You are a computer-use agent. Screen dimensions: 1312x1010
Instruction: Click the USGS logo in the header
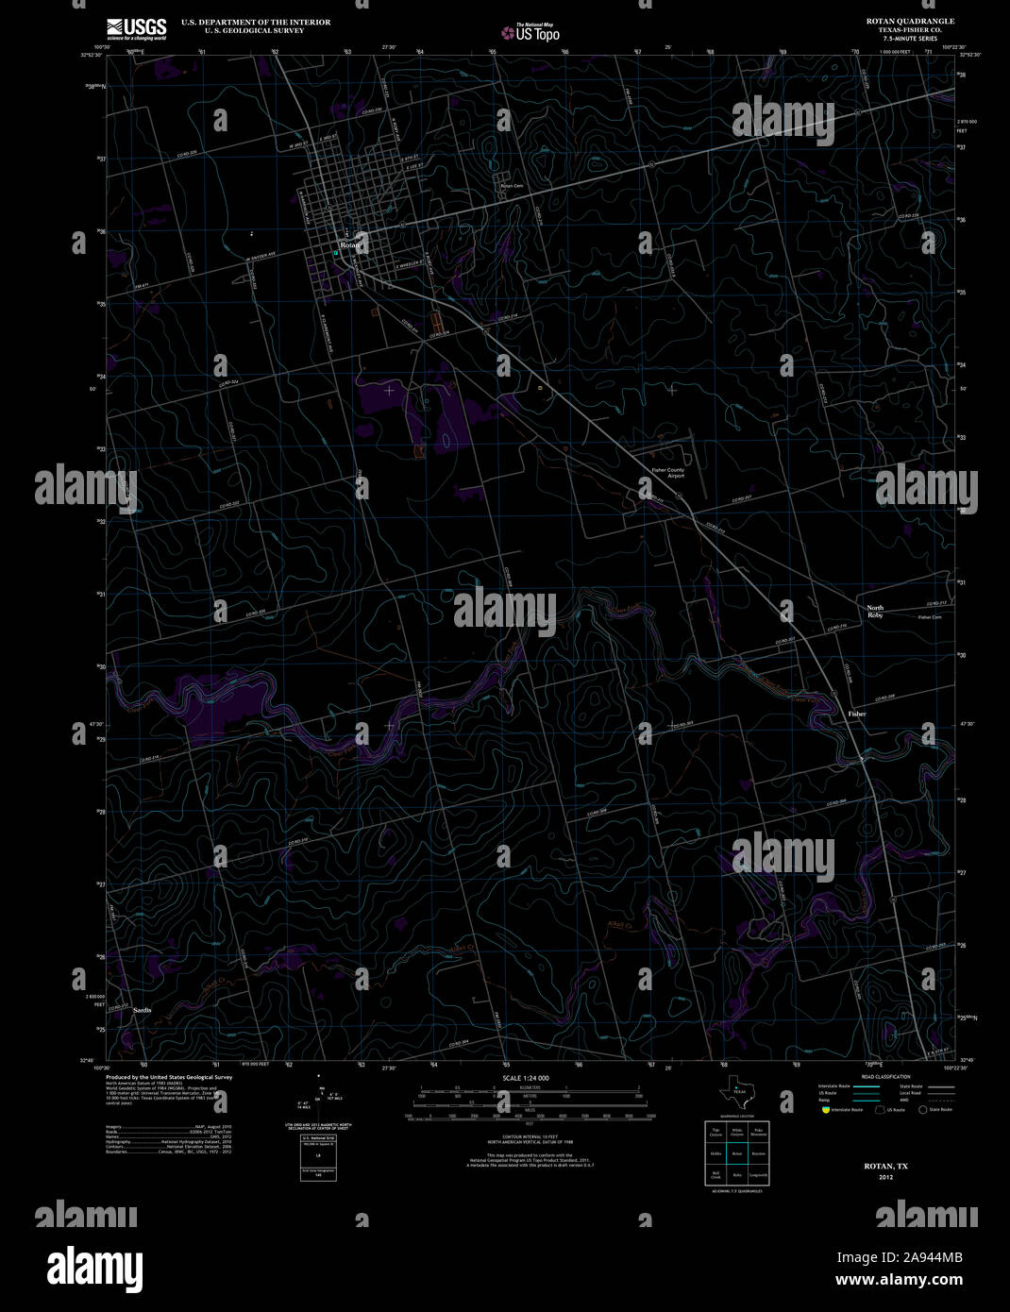[137, 27]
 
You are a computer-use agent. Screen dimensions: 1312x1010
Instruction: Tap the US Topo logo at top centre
[530, 32]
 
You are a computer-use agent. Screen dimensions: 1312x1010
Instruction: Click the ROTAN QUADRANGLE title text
[910, 21]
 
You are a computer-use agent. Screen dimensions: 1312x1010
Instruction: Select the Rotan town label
[350, 245]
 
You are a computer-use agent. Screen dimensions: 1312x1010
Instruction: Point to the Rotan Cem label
[511, 186]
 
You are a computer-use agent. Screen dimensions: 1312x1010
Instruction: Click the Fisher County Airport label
[668, 473]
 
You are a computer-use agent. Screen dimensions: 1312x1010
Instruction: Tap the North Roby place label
[876, 612]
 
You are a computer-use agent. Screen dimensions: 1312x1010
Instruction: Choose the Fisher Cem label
[930, 617]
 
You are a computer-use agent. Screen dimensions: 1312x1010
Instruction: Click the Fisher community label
[856, 714]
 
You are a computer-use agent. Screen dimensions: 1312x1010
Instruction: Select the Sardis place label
[143, 1011]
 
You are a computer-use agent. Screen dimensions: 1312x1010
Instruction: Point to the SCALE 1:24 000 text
[526, 1078]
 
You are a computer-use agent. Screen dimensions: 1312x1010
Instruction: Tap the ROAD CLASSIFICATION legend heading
[885, 1077]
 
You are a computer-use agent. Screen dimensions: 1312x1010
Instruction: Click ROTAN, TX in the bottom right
[885, 1167]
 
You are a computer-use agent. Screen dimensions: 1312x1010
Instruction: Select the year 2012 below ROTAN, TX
[885, 1177]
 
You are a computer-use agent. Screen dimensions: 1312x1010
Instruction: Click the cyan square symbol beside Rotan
[335, 253]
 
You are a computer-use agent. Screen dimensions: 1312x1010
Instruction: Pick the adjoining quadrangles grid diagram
[736, 1152]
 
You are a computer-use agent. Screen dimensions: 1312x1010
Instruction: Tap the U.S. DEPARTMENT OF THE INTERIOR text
[256, 22]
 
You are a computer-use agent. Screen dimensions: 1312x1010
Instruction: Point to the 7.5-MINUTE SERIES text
[910, 38]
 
